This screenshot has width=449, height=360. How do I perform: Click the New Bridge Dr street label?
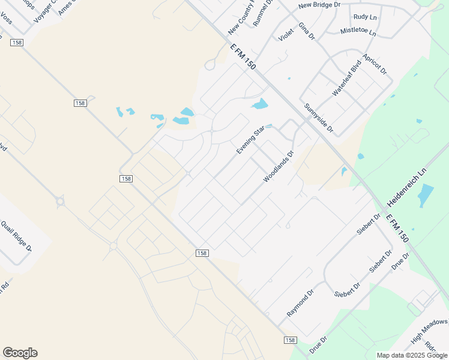(x=319, y=5)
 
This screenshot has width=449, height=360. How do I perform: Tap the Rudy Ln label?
(x=365, y=17)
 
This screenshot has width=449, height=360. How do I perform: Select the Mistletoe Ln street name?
(x=358, y=31)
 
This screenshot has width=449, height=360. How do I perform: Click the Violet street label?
(x=286, y=35)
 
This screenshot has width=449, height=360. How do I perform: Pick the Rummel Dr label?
(x=265, y=13)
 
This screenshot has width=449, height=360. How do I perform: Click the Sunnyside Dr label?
(x=318, y=119)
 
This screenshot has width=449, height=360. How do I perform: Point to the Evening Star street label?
(x=250, y=140)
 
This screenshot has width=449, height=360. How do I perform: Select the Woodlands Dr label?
(x=278, y=167)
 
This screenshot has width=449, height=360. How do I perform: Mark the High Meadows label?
(x=430, y=332)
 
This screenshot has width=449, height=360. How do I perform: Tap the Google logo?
(x=20, y=353)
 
